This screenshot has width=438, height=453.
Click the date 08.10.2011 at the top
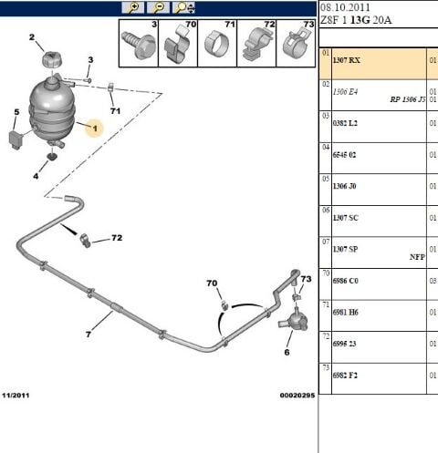pos(346,7)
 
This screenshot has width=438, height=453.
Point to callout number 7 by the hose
pos(89,335)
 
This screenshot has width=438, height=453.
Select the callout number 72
pos(116,239)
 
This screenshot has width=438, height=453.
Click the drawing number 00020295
pos(297,396)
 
